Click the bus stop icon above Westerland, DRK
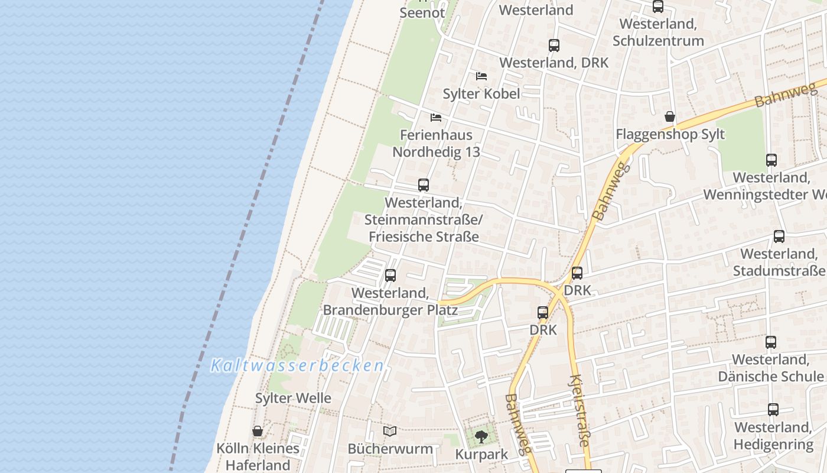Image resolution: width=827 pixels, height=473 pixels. click(554, 45)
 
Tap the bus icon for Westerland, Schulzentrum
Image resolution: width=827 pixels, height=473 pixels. click(658, 7)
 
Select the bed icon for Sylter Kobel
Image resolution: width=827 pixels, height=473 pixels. click(481, 76)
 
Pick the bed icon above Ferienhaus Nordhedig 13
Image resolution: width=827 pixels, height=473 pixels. click(436, 117)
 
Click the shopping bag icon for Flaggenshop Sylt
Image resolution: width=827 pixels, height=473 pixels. click(670, 116)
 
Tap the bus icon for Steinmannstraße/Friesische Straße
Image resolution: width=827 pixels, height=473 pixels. click(424, 185)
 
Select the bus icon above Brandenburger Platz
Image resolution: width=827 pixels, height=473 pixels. click(390, 276)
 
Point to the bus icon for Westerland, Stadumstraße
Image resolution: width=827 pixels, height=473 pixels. click(779, 237)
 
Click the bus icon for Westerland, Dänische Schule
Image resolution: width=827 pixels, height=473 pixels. click(771, 342)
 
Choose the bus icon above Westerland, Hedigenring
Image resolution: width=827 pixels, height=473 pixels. click(773, 410)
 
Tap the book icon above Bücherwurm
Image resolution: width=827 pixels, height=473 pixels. click(390, 431)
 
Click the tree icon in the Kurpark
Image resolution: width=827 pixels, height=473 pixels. click(481, 437)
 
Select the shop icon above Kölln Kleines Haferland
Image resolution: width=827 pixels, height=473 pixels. click(258, 431)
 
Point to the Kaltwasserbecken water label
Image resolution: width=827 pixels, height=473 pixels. click(298, 366)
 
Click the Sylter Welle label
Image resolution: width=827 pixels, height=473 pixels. click(293, 398)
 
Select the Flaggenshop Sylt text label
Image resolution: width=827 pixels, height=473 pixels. click(670, 134)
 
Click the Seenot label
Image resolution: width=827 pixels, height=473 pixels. click(422, 12)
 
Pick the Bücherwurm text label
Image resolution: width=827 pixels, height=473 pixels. click(390, 449)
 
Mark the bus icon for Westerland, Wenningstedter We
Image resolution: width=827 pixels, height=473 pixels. click(771, 160)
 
